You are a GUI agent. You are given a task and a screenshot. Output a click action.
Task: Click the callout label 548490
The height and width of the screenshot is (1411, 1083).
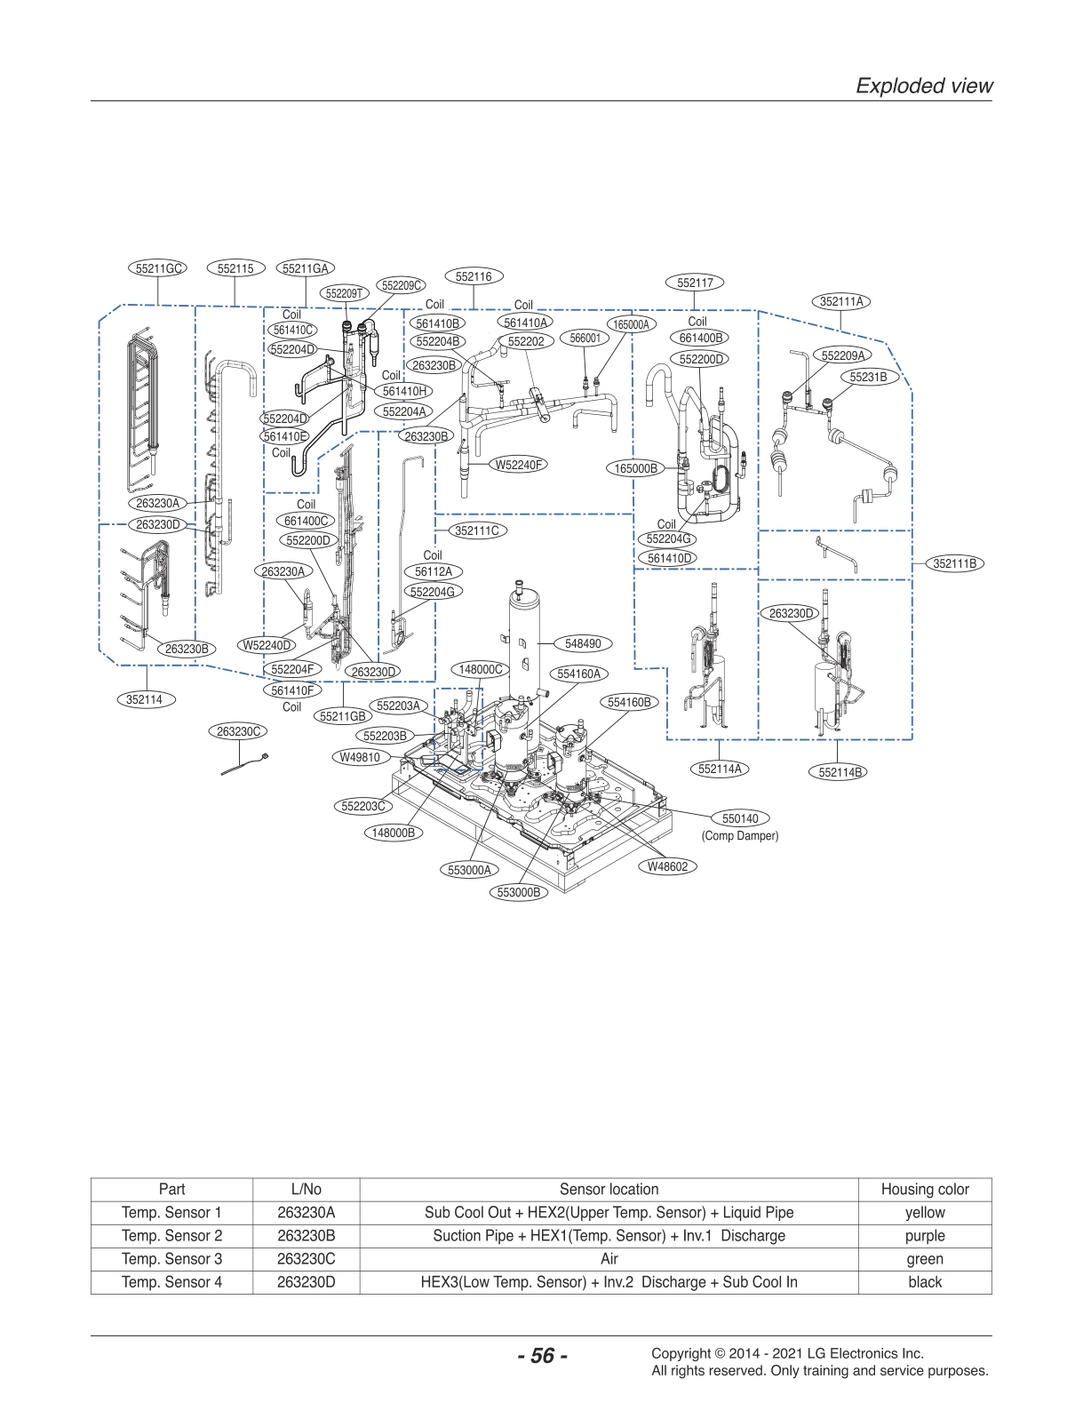583,643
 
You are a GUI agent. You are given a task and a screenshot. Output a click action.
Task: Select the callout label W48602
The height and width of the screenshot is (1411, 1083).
667,866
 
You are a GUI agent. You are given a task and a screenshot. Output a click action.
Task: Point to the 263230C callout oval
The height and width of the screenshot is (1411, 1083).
239,731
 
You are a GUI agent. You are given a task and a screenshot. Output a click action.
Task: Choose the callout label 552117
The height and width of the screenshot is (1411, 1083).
695,283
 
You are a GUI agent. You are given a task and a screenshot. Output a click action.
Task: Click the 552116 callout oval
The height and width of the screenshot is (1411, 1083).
474,276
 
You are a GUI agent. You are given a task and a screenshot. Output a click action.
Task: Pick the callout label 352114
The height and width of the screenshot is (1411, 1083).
144,699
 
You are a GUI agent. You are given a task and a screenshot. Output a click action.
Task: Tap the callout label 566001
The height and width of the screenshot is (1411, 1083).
585,338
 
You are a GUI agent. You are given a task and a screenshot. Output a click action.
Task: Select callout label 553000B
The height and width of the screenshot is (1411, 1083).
518,892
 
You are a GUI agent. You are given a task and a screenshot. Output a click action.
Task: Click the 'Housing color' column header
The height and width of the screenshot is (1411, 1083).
924,1189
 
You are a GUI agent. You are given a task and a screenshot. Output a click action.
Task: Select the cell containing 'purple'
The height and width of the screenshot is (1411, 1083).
924,1236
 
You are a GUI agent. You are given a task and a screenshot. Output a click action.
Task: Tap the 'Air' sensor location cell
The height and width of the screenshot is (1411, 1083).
609,1259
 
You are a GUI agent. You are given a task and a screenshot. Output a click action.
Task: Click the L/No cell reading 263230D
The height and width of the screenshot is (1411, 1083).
306,1282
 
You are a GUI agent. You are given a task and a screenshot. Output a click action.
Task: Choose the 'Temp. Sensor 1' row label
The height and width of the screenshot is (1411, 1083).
171,1213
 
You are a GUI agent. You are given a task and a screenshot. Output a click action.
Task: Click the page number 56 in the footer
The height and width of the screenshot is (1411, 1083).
542,1356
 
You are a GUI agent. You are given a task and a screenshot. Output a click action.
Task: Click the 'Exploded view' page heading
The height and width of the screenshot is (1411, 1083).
923,85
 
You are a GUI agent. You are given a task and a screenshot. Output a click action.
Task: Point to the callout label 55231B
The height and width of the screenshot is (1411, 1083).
868,377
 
